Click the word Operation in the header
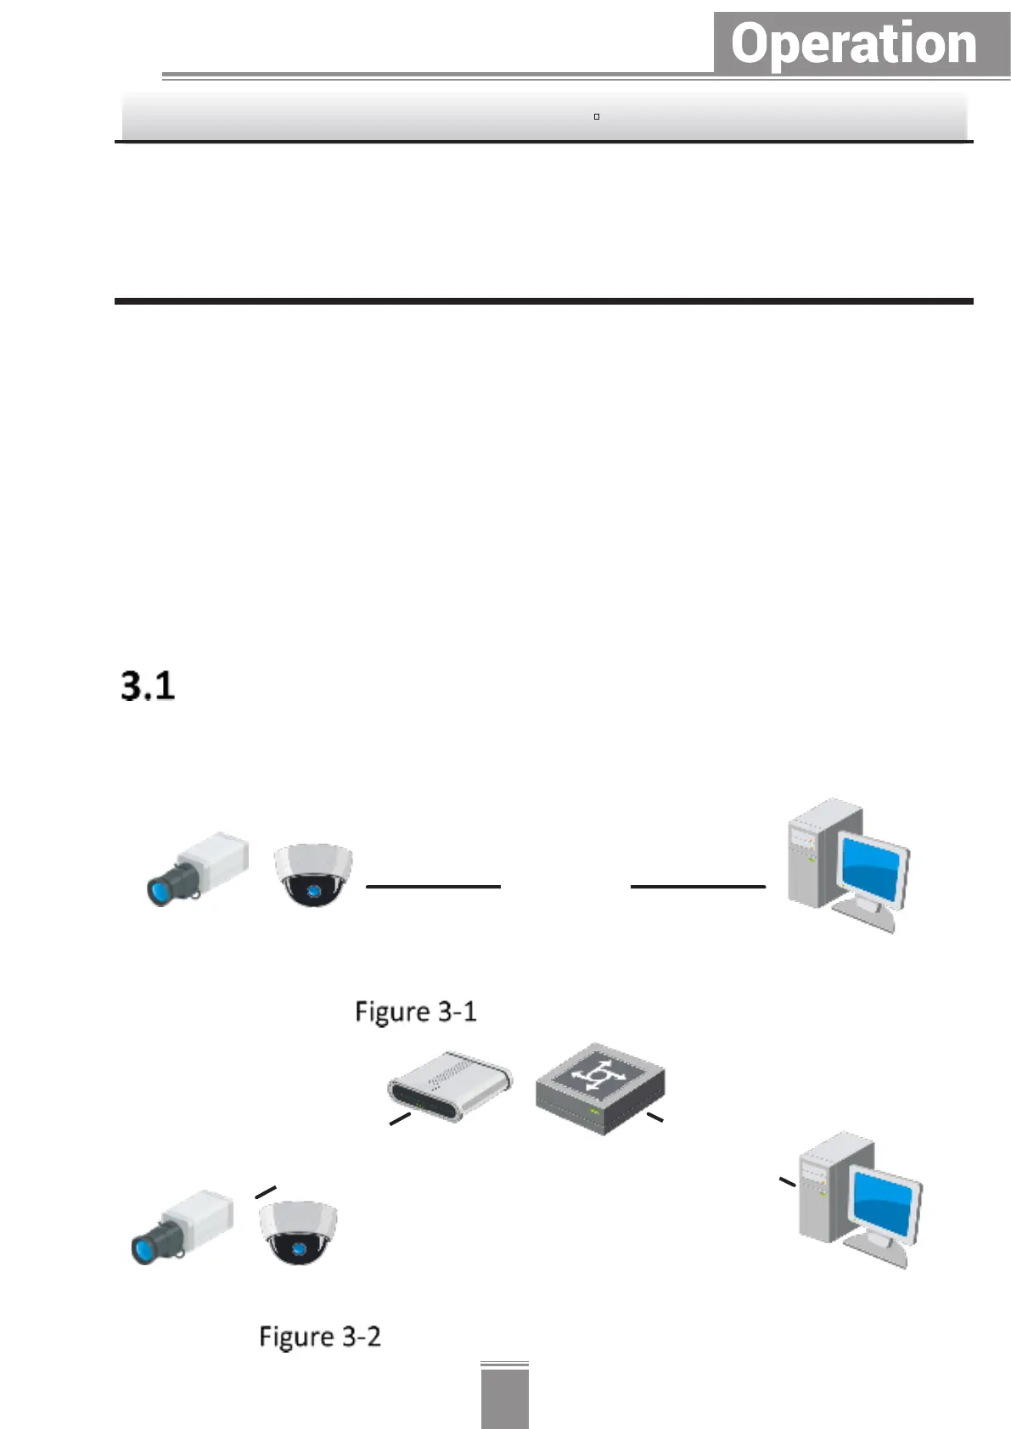[854, 44]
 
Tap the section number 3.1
[148, 686]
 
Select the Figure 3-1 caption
[416, 1012]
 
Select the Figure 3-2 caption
[320, 1337]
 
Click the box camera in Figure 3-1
[199, 868]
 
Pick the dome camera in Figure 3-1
[312, 874]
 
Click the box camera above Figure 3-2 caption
[183, 1226]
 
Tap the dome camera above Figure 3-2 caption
[298, 1232]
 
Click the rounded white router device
[450, 1086]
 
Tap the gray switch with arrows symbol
[600, 1089]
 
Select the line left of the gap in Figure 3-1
[433, 886]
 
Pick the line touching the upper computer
[698, 886]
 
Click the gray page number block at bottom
[504, 1398]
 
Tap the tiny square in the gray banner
[597, 116]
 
